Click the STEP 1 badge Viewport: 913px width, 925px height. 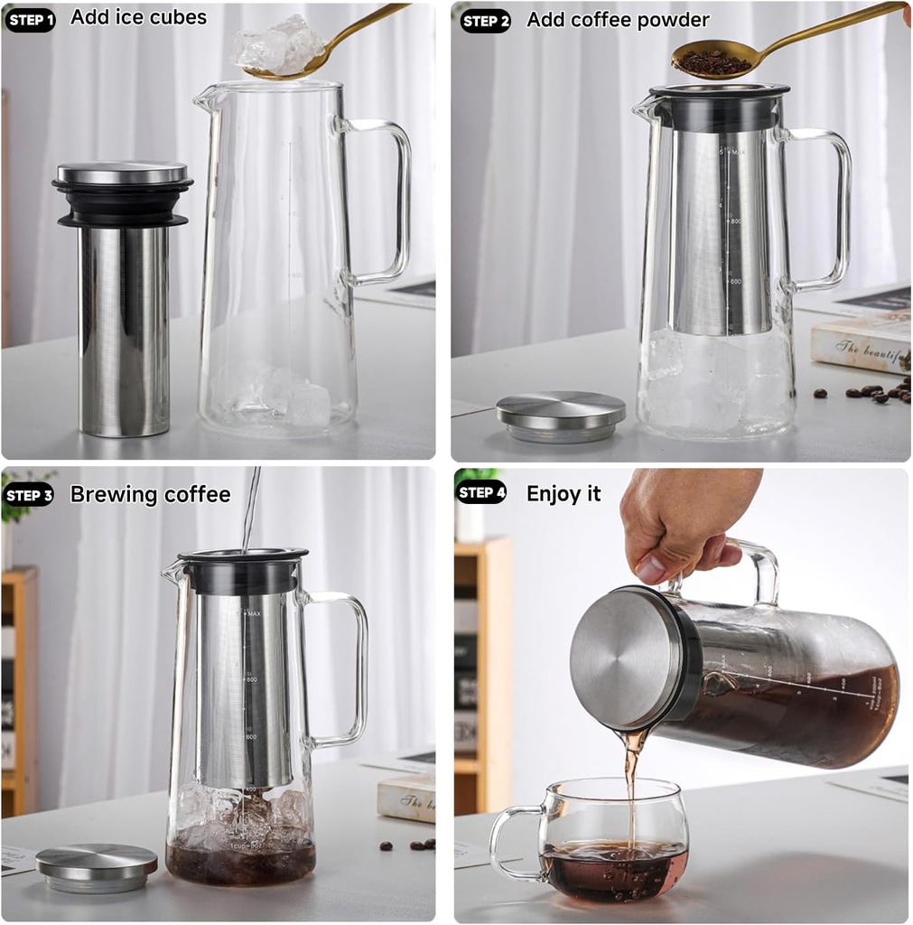30,19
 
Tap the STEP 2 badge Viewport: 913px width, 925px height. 486,20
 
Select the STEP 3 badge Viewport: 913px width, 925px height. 30,494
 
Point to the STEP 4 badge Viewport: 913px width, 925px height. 482,493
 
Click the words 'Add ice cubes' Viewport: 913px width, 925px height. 138,17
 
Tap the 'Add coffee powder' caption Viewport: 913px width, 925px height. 618,19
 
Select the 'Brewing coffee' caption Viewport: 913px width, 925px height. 150,494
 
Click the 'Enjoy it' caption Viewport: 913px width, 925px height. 564,493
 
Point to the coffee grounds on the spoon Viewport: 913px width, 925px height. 712,61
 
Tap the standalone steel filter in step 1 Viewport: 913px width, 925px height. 123,325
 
